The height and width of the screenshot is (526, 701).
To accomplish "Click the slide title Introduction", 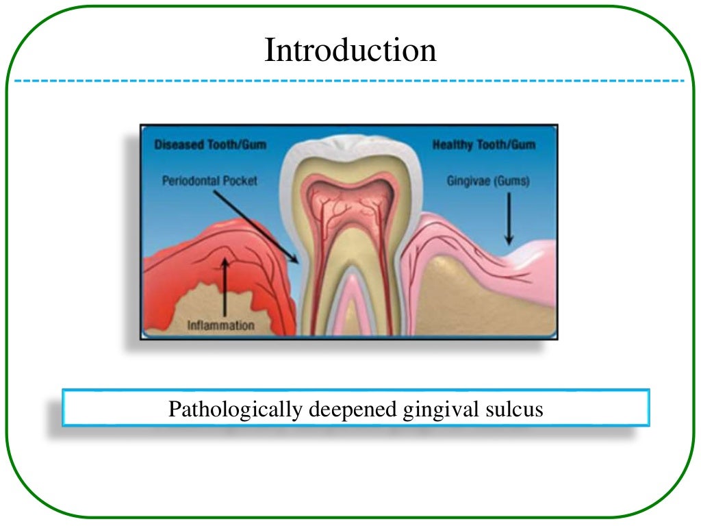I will tap(350, 51).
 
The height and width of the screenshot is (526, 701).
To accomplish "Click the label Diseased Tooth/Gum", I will tap(210, 145).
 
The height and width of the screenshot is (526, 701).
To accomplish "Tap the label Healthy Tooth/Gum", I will tap(484, 145).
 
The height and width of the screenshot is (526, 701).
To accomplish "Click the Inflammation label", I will tap(221, 325).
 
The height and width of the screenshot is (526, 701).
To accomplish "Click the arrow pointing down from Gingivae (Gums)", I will tap(508, 219).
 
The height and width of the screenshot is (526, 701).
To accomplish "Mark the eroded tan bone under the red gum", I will tap(199, 301).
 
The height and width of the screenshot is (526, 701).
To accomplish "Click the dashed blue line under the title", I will tap(350, 81).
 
